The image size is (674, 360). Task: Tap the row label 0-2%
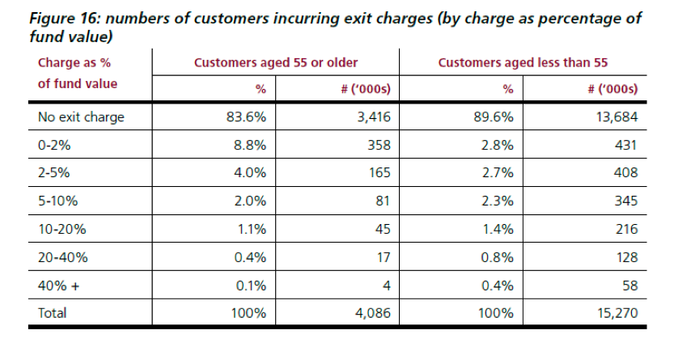[54, 146]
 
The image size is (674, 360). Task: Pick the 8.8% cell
[251, 146]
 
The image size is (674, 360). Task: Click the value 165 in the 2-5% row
[379, 173]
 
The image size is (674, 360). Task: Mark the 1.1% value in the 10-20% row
[251, 229]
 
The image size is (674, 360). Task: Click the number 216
[626, 229]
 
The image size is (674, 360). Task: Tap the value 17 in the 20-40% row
[384, 257]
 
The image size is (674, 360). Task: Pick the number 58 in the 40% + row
[629, 286]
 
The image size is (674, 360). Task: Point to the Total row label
[53, 313]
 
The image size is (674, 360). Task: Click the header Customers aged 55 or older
[275, 62]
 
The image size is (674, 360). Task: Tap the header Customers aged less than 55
[523, 62]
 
